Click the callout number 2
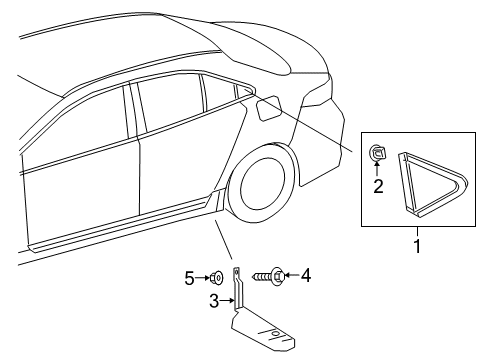(378, 187)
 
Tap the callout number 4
(306, 275)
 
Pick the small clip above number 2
(379, 153)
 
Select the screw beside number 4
(269, 275)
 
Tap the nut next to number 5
(215, 277)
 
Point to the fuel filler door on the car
(269, 106)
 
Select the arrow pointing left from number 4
(290, 275)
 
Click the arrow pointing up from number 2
(378, 171)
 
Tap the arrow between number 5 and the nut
(202, 277)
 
